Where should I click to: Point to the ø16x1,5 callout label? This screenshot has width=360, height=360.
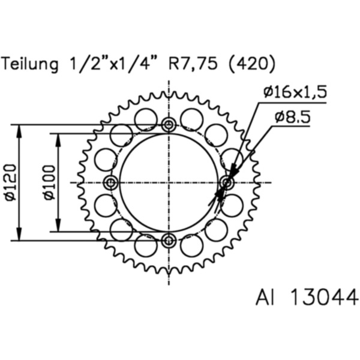coord(294,92)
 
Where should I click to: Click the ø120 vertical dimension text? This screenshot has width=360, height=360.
coord(10,183)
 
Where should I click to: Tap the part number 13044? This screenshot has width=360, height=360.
coord(324,297)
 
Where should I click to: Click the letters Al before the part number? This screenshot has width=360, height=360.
coord(265,297)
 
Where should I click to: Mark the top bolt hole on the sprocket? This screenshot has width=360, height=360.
coord(169,125)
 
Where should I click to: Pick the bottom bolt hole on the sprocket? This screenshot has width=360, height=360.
coord(169,241)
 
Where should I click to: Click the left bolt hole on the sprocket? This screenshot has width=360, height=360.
coord(110,182)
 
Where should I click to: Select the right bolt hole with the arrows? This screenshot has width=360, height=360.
coord(227,182)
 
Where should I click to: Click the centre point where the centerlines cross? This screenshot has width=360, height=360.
coord(169,182)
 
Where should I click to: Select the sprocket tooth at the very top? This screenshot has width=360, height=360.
coord(169,94)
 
